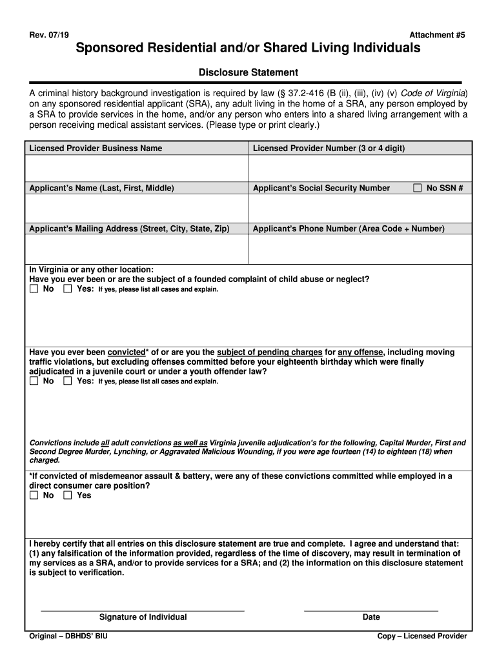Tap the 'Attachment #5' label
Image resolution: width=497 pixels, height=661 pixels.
pyautogui.click(x=437, y=34)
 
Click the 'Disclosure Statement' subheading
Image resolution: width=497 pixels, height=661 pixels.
pyautogui.click(x=248, y=72)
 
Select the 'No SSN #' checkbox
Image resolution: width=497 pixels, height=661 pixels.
pyautogui.click(x=417, y=188)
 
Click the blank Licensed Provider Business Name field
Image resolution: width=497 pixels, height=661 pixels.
pyautogui.click(x=136, y=168)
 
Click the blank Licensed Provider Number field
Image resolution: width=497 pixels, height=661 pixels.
pyautogui.click(x=360, y=168)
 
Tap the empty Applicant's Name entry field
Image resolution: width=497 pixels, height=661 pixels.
pyautogui.click(x=136, y=208)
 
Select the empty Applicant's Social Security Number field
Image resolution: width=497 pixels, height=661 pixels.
pyautogui.click(x=360, y=208)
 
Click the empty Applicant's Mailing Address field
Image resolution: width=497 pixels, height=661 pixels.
pyautogui.click(x=136, y=249)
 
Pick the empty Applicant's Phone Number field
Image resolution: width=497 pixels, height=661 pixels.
pyautogui.click(x=360, y=249)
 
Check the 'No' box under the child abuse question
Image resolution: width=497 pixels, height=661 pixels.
pyautogui.click(x=34, y=290)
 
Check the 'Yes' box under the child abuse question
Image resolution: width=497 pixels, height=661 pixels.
pyautogui.click(x=68, y=290)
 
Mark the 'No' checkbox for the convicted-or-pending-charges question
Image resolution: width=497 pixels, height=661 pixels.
pyautogui.click(x=34, y=381)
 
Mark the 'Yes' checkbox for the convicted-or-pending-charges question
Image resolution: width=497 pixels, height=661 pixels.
pyautogui.click(x=68, y=381)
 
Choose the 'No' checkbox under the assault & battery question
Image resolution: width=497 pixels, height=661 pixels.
pyautogui.click(x=34, y=496)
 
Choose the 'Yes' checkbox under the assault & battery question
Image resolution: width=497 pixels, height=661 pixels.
pyautogui.click(x=68, y=496)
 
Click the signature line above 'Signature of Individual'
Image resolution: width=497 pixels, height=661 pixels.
pyautogui.click(x=143, y=607)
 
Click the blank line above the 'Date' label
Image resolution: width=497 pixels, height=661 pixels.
pyautogui.click(x=370, y=607)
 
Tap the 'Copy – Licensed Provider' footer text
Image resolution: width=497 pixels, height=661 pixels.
pyautogui.click(x=422, y=636)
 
